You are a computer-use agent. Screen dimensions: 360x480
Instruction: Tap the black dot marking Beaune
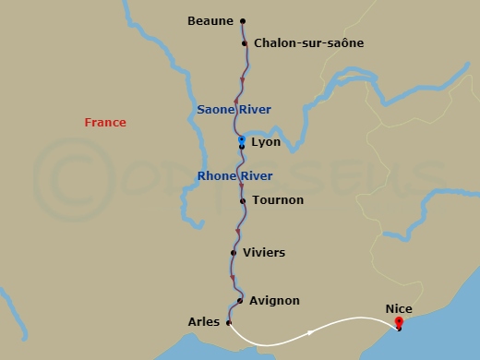click(x=243, y=20)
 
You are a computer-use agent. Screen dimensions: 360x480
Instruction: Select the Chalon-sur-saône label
click(x=308, y=43)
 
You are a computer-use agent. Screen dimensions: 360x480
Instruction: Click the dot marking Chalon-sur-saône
click(x=245, y=43)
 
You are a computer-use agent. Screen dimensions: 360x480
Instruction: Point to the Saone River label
click(x=234, y=110)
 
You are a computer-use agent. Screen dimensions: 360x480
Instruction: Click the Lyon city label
click(x=266, y=143)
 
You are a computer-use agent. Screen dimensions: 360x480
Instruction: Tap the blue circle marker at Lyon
click(x=242, y=140)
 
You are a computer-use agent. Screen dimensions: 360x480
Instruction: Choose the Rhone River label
click(x=234, y=174)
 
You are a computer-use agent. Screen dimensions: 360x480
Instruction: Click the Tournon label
click(x=278, y=200)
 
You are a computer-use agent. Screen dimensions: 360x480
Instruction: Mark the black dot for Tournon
click(x=242, y=200)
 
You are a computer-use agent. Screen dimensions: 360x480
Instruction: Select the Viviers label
click(x=263, y=252)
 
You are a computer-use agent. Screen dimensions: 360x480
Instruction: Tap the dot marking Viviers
click(x=234, y=252)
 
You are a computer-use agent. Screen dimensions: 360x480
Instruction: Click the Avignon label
click(x=274, y=301)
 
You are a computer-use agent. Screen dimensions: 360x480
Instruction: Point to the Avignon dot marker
click(x=239, y=301)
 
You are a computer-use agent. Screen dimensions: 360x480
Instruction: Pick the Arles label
click(x=203, y=322)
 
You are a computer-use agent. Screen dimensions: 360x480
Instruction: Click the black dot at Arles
click(x=228, y=322)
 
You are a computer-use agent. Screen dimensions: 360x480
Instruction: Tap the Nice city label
click(x=399, y=311)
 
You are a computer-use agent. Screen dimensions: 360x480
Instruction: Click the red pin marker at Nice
click(x=399, y=322)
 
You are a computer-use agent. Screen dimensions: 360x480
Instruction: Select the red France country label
click(x=105, y=123)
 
